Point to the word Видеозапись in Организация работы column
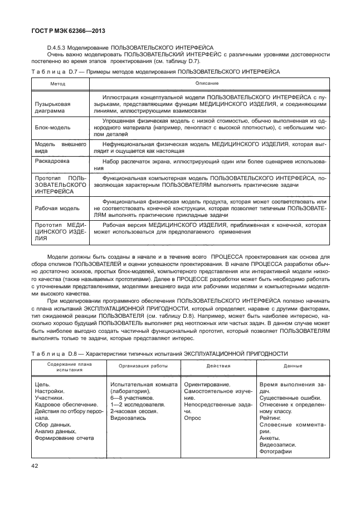coord(128,418)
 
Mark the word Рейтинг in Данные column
coord(271,418)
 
